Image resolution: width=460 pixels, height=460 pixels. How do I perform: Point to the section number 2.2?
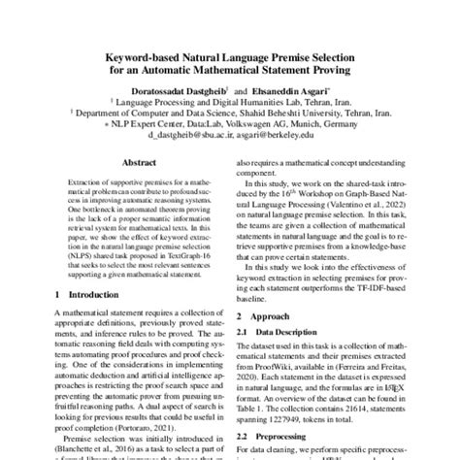(244, 439)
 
